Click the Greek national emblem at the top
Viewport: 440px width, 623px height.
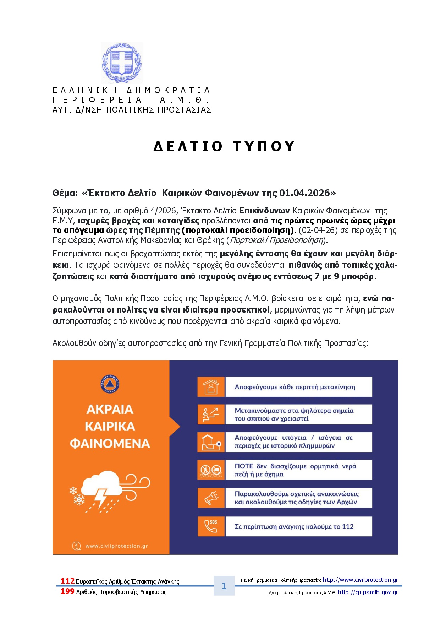(122, 63)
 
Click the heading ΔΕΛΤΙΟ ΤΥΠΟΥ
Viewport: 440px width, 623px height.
(224, 146)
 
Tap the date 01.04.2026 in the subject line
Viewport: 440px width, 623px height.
(304, 193)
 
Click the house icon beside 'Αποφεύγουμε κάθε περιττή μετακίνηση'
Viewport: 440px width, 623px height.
(211, 387)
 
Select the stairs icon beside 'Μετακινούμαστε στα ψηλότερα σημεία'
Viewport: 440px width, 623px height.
(211, 414)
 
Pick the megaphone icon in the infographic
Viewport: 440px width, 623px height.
(211, 498)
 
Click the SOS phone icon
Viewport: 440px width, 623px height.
(211, 526)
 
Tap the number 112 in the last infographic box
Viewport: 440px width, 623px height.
(348, 526)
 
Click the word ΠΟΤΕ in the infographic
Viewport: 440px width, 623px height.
(244, 466)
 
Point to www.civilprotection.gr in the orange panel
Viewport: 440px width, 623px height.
(116, 546)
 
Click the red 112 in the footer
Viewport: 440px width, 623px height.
(67, 581)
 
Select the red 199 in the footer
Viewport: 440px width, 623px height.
(67, 591)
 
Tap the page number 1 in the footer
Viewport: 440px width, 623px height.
(224, 586)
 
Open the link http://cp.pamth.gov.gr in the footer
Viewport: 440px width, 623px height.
(368, 592)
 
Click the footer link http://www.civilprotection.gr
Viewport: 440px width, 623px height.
(360, 580)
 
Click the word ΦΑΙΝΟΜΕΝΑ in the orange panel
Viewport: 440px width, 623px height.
(110, 443)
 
